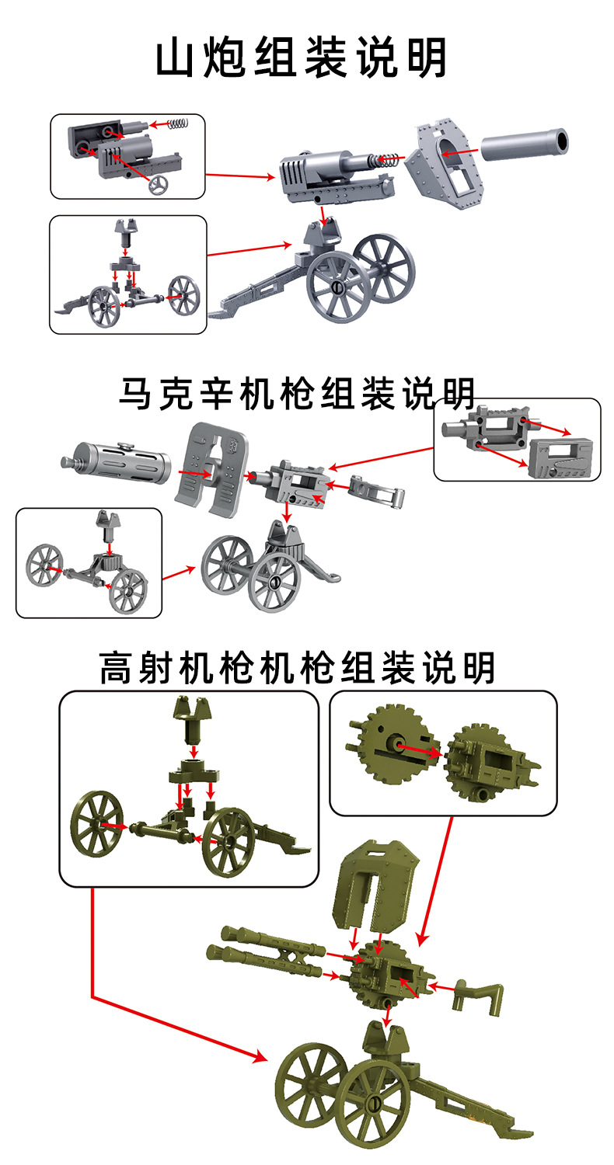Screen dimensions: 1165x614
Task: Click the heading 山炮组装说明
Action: (302, 58)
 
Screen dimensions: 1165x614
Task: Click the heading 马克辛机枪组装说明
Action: (297, 394)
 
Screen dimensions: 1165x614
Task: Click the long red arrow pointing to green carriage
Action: (155, 998)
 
